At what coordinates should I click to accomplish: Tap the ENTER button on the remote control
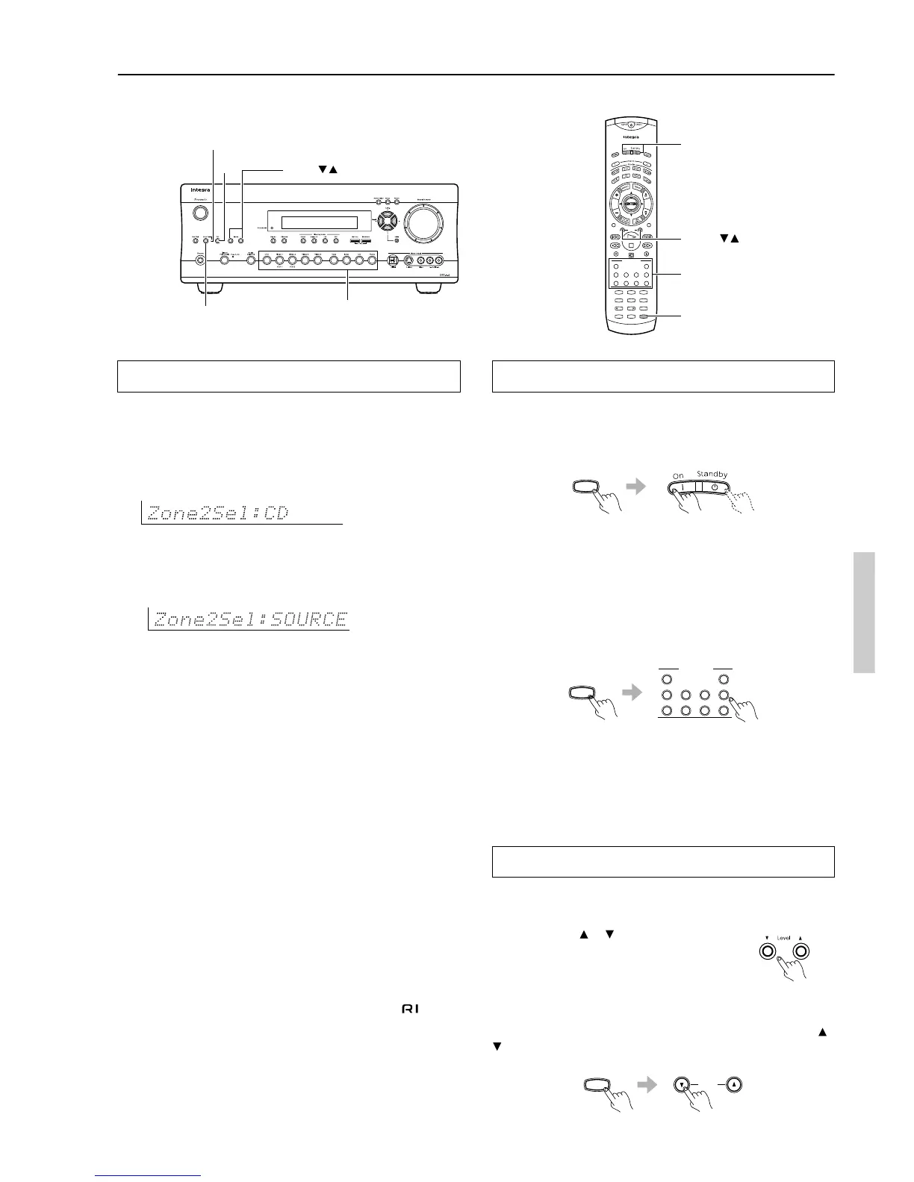point(629,205)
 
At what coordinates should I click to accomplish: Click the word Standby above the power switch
point(712,474)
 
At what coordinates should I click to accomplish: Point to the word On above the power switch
point(678,475)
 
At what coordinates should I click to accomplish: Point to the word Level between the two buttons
point(783,938)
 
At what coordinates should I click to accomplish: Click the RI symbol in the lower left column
point(410,1009)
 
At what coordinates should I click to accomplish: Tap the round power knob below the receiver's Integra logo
point(199,213)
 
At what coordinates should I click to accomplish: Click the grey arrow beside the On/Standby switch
point(635,487)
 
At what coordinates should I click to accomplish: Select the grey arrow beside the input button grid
point(632,693)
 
